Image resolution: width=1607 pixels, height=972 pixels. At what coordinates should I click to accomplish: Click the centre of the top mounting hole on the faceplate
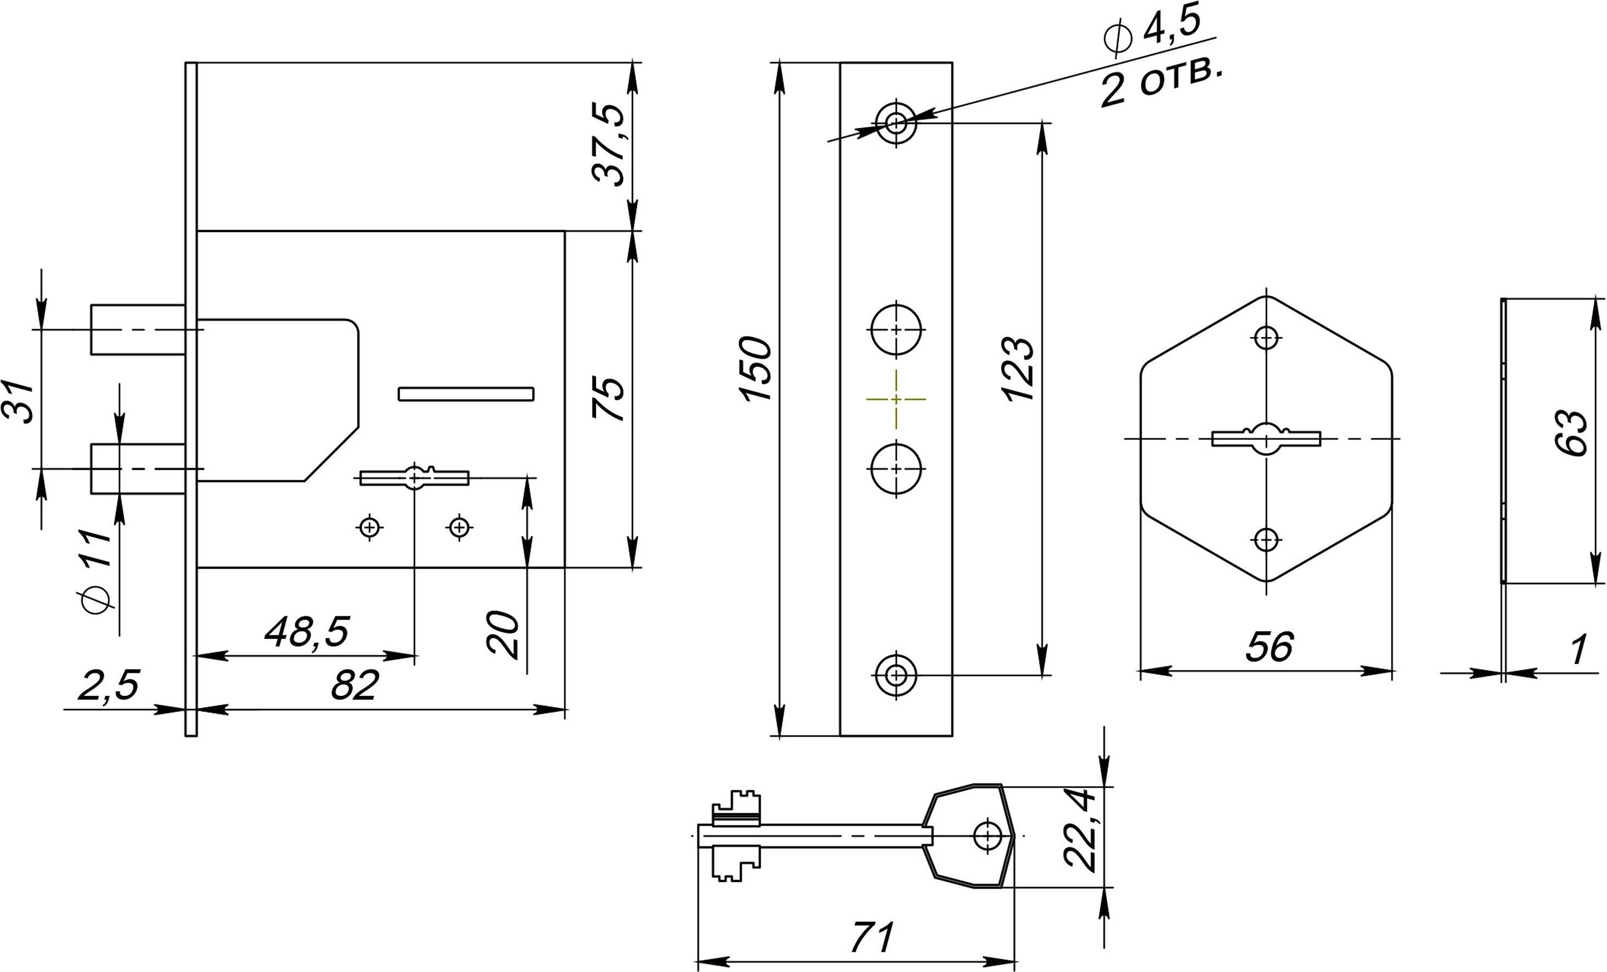pyautogui.click(x=896, y=122)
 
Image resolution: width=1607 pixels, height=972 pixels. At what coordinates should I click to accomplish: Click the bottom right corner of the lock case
pyautogui.click(x=565, y=568)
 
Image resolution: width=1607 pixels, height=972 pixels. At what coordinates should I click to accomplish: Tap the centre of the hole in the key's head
pyautogui.click(x=988, y=836)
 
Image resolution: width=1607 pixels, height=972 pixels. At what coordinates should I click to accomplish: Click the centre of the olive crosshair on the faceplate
pyautogui.click(x=896, y=398)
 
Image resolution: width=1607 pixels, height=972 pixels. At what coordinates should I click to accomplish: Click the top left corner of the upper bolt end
pyautogui.click(x=91, y=305)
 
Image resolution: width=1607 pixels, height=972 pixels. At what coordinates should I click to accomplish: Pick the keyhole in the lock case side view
pyautogui.click(x=415, y=477)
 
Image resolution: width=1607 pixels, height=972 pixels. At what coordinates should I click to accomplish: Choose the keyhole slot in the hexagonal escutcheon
pyautogui.click(x=1267, y=439)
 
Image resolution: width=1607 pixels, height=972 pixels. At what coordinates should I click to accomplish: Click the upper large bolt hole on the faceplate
pyautogui.click(x=896, y=329)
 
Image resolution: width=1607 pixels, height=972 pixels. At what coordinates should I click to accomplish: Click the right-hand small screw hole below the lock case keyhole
pyautogui.click(x=460, y=526)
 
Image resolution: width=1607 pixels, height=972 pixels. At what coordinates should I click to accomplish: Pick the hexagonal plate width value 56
pyautogui.click(x=1269, y=647)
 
